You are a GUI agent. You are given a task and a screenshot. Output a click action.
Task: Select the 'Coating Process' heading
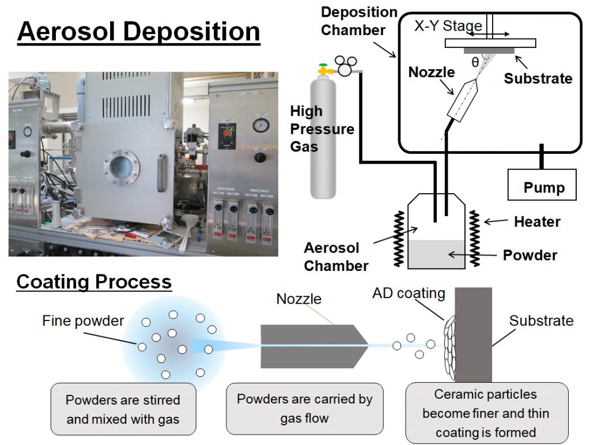point(94,282)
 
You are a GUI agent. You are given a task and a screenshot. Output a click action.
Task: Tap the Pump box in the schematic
point(542,184)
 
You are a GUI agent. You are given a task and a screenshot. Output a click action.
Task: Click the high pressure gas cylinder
point(323,135)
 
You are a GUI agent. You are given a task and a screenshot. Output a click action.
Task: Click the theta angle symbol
point(475,62)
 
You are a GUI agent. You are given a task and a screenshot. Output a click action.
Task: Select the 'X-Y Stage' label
point(448,25)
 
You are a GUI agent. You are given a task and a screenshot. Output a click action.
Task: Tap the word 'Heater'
point(538,221)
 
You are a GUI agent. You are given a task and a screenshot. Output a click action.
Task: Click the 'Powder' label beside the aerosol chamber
point(530,255)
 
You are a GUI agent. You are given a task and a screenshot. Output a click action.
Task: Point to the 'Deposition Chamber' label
point(359,21)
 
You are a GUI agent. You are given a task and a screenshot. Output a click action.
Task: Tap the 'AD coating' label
point(409,293)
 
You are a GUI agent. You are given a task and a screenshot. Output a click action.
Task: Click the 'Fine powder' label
point(83,320)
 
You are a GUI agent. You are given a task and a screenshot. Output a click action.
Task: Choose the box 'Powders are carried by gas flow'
point(305,409)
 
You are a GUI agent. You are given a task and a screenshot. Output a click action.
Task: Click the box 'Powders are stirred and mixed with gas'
point(123,409)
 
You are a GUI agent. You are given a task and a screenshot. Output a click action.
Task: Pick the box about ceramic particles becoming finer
point(487,413)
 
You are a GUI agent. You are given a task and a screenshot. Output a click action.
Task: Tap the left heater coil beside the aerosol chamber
point(399,238)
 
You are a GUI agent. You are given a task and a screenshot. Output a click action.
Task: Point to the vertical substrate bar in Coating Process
point(474,335)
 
